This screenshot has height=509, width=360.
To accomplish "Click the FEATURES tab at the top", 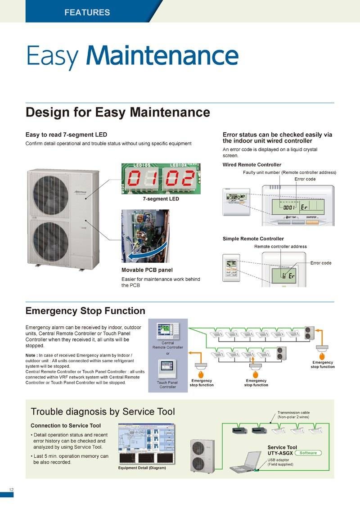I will point(87,12).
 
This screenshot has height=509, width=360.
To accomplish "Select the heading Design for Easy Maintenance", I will point(117,112).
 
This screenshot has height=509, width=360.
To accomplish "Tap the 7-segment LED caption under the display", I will point(161,198).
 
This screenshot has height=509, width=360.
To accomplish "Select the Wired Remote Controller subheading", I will point(252,165).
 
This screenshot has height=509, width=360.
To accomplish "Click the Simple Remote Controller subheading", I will point(253,239).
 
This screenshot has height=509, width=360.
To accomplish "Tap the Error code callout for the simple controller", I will point(321,263).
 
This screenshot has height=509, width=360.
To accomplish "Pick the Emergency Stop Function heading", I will point(85,311).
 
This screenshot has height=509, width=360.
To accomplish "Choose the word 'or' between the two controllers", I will point(167,353).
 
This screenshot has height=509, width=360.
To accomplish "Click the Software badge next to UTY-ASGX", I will point(308,453).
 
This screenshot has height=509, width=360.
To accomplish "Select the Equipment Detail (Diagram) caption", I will point(142,468).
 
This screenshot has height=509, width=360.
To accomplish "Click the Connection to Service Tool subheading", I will point(66,425).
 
